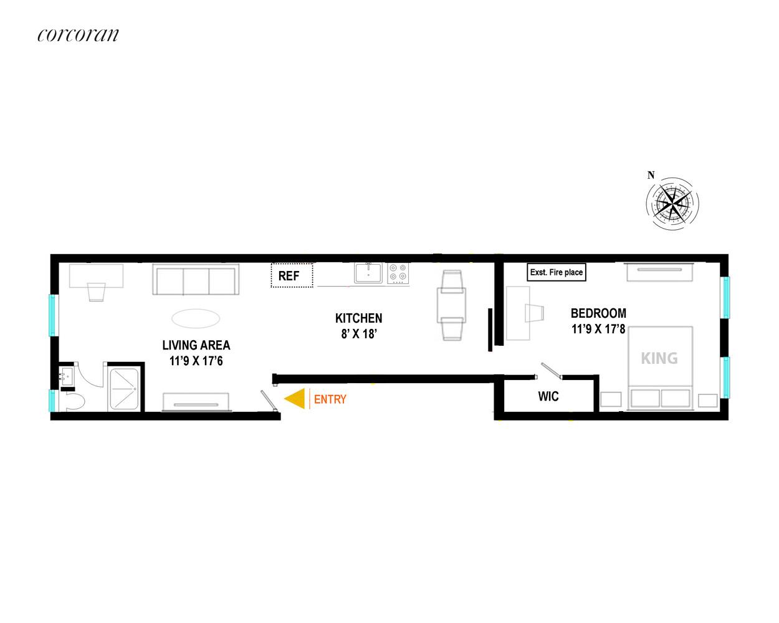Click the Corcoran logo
click(x=78, y=35)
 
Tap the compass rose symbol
click(x=672, y=203)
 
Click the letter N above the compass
click(x=651, y=175)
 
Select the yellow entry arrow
click(x=294, y=399)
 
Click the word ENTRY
click(x=330, y=399)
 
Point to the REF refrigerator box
click(x=292, y=275)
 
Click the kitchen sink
click(x=368, y=273)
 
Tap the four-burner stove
click(x=398, y=273)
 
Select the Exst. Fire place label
click(x=556, y=272)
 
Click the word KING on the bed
click(x=659, y=358)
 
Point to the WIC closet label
click(x=548, y=396)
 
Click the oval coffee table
click(x=196, y=318)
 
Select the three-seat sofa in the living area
click(x=196, y=279)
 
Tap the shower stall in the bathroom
click(x=124, y=389)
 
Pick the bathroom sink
click(x=67, y=376)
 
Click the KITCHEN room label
click(x=358, y=318)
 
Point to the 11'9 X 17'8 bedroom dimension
click(x=598, y=329)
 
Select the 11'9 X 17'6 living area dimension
click(x=196, y=361)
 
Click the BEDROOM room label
click(x=598, y=313)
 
